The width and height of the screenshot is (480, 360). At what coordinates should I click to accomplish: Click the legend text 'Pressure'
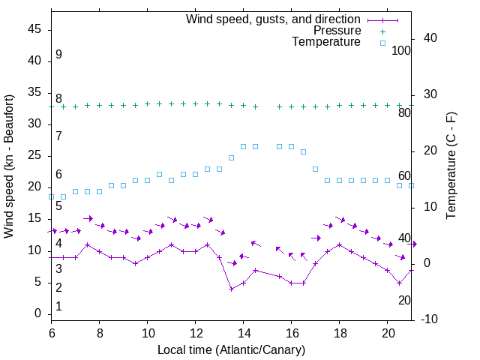tap(337, 31)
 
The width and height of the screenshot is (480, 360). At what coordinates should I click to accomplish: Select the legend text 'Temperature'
tap(326, 43)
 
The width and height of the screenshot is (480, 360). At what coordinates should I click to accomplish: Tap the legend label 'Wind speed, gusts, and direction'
tap(273, 19)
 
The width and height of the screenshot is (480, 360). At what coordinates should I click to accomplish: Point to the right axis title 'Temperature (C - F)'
tap(451, 165)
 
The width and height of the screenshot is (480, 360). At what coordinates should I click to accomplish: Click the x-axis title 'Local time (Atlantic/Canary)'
tap(231, 350)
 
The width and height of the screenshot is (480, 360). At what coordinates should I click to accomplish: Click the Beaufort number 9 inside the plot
tap(58, 55)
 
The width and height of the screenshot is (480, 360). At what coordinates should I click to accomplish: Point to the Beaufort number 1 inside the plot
tap(58, 307)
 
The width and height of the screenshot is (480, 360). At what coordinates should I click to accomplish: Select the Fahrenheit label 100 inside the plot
tap(401, 50)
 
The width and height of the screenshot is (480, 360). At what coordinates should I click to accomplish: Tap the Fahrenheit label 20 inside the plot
tap(404, 300)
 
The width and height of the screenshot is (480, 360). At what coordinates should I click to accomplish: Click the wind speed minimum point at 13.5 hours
tap(232, 289)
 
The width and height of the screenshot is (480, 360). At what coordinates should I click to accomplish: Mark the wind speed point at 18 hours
tap(340, 244)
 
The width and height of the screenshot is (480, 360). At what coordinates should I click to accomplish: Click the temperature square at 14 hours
tap(244, 147)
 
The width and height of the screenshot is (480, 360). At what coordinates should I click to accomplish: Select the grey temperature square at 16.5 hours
tap(304, 151)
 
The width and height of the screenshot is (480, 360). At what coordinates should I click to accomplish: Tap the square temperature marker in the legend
tap(382, 43)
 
